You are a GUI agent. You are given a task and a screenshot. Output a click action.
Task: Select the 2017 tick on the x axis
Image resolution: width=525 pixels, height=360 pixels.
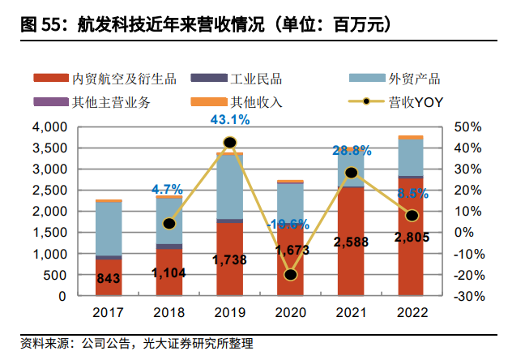click(x=108, y=311)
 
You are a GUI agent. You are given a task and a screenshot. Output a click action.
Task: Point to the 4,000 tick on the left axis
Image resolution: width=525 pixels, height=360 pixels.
click(x=49, y=128)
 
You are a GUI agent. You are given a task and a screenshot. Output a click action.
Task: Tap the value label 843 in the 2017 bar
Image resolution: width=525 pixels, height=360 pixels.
click(x=109, y=280)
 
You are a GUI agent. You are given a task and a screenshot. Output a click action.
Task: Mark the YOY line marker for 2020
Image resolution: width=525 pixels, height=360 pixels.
click(x=290, y=274)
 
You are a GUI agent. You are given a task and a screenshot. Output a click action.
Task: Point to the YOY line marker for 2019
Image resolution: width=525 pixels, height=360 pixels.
click(x=229, y=143)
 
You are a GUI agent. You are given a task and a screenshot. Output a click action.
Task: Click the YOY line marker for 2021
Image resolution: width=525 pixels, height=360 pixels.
click(x=351, y=173)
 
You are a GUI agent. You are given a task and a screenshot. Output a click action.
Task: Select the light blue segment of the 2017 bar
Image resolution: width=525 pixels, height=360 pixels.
click(x=109, y=229)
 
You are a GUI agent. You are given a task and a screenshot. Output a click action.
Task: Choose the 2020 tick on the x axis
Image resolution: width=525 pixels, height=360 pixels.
click(x=290, y=311)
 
